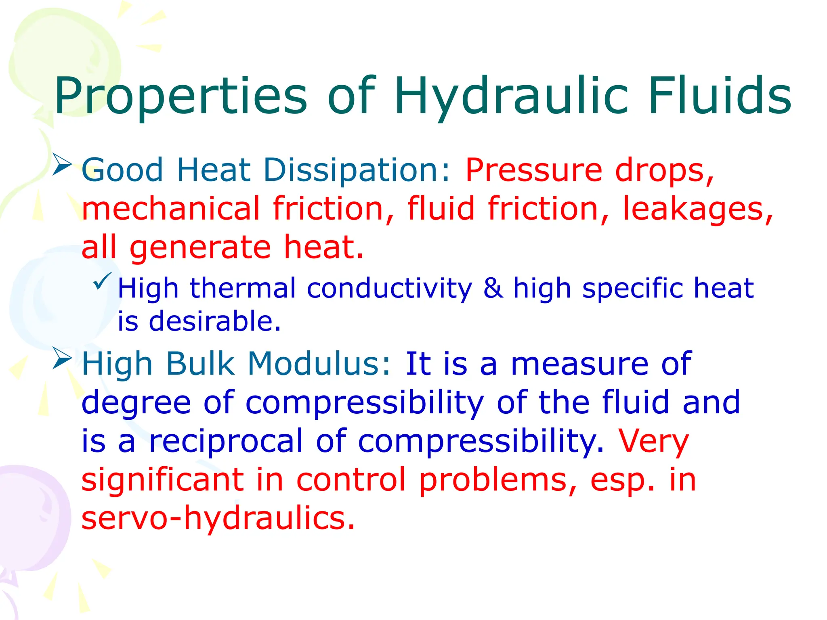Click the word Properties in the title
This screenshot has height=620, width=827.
pos(181,97)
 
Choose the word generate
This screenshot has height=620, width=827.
pos(200,248)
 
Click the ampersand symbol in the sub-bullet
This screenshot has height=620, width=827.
pos(493,288)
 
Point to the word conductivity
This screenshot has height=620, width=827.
pos(389,289)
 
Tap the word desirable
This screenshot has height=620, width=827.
pos(214,322)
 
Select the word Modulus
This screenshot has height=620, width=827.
pos(319,364)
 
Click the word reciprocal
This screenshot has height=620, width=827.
pos(226,441)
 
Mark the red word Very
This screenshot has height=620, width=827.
pos(653,442)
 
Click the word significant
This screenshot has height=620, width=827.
pos(163,480)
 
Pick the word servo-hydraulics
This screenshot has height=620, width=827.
pos(218,518)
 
